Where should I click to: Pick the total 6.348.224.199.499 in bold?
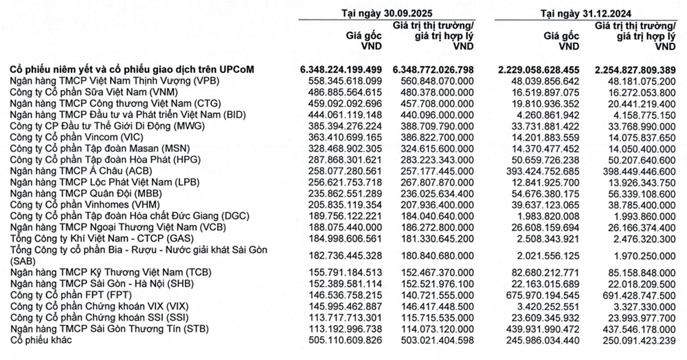(341, 69)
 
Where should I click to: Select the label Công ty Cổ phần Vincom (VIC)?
(75, 137)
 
